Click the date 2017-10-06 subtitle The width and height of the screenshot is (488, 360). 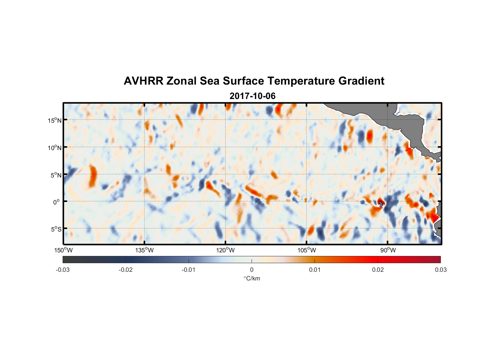[x=252, y=96]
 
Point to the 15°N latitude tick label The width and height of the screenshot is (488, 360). [x=55, y=120]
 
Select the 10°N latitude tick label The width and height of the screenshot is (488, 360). [x=55, y=148]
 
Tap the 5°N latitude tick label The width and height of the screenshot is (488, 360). [x=56, y=175]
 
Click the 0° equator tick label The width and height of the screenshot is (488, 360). [x=57, y=202]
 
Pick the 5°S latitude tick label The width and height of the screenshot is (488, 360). [x=56, y=229]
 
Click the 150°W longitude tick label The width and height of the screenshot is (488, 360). [x=63, y=250]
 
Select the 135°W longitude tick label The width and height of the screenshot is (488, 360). [x=144, y=250]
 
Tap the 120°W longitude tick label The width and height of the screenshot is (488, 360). [x=225, y=250]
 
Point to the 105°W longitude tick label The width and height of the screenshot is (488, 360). [x=307, y=250]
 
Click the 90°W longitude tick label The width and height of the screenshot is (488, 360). [x=388, y=250]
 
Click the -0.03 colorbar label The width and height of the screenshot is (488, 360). [x=63, y=270]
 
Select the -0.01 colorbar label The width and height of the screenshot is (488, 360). [x=189, y=270]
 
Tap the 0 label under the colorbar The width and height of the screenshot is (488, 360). [x=252, y=270]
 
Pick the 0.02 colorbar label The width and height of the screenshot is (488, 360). [x=378, y=270]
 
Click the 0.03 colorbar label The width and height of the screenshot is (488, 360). [x=440, y=270]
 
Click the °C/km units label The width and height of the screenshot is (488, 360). [x=252, y=278]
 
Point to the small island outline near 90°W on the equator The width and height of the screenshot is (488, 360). [x=381, y=204]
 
